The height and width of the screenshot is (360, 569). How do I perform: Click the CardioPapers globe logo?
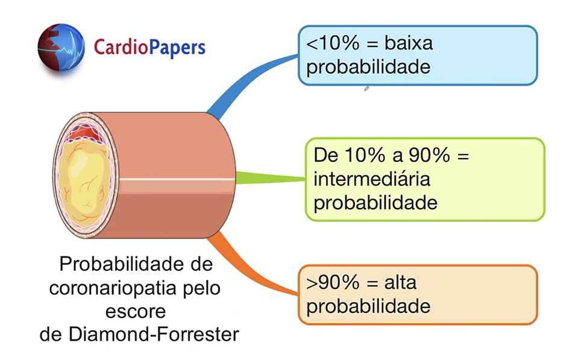[x=61, y=47]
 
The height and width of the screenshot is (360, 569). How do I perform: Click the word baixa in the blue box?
[x=408, y=44]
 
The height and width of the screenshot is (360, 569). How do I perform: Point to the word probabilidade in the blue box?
[x=368, y=66]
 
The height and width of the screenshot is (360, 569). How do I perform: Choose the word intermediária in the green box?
[x=372, y=179]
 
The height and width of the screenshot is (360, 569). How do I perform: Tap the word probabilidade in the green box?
[x=376, y=202]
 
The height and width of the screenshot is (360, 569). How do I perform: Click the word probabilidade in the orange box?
[x=368, y=306]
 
